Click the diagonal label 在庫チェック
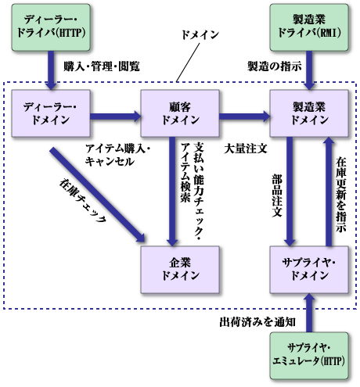[x=82, y=202]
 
